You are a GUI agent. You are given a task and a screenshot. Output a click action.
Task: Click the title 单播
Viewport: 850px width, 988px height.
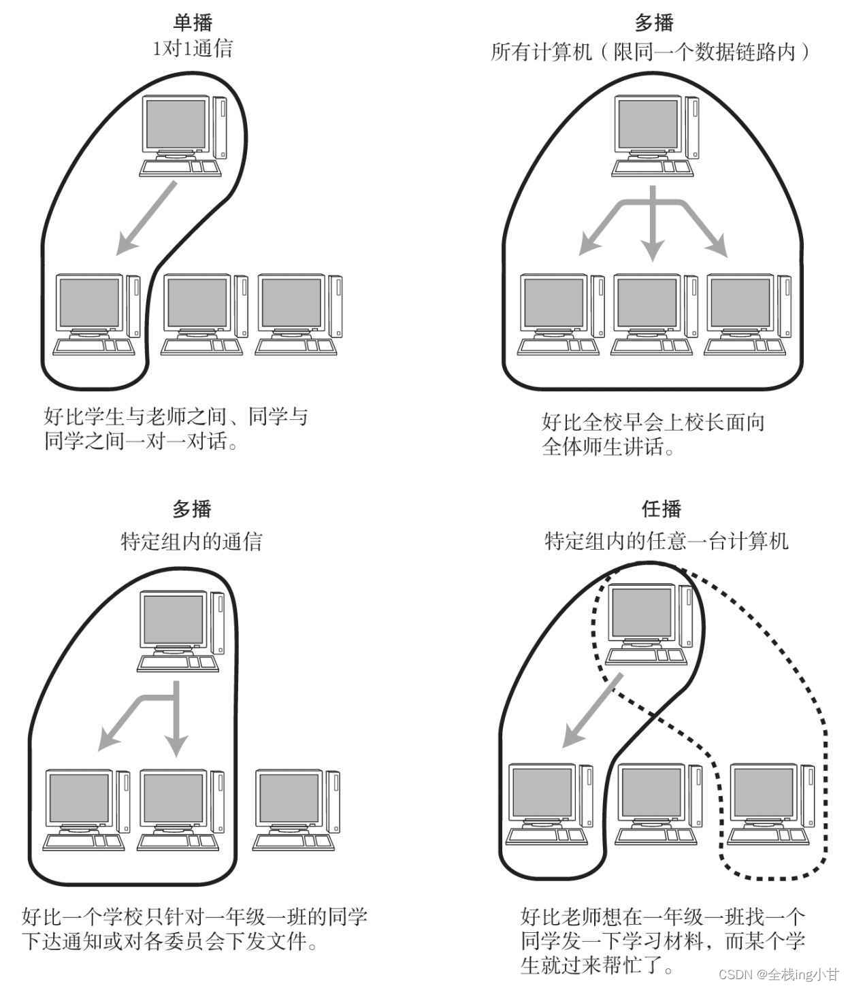(193, 22)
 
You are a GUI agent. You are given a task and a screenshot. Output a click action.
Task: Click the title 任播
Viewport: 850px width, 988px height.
(661, 509)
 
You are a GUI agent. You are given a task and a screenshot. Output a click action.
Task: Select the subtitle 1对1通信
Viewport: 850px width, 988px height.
(193, 49)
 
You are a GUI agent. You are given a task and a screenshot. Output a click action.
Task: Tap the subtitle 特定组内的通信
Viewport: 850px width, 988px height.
(191, 542)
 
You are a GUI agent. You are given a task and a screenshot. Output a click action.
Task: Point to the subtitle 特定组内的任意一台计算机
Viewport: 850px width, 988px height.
(666, 542)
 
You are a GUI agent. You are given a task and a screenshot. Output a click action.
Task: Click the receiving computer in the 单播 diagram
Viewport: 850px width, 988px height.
(96, 314)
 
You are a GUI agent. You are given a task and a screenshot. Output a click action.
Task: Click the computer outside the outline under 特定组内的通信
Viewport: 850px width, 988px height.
(296, 810)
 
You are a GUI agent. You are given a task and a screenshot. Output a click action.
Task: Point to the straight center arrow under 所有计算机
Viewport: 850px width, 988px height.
(653, 225)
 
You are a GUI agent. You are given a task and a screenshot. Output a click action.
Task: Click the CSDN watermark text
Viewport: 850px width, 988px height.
(779, 974)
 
